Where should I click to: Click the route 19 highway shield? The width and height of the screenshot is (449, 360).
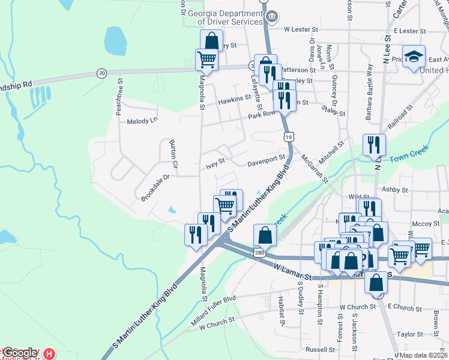coord(289,137)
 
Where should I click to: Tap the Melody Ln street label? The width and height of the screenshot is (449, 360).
coord(142,121)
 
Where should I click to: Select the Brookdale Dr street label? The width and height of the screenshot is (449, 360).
coord(155,187)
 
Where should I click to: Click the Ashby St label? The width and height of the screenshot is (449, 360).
coord(395,190)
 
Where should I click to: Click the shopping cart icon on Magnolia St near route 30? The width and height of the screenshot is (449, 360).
coord(206,59)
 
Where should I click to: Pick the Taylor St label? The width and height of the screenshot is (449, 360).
coord(409,334)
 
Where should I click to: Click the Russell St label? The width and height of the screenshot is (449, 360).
coord(319,349)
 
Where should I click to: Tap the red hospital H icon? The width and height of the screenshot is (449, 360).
coord(50,354)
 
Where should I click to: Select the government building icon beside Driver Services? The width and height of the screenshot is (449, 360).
coord(271,16)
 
